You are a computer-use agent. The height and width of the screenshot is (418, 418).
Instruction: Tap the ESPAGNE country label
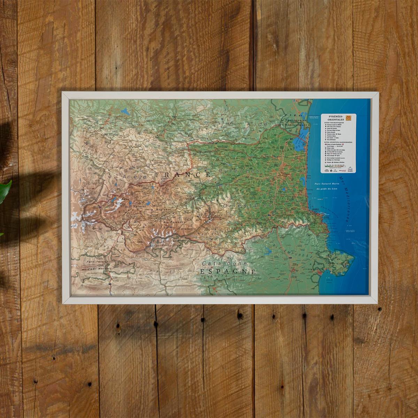coord(228,272)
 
